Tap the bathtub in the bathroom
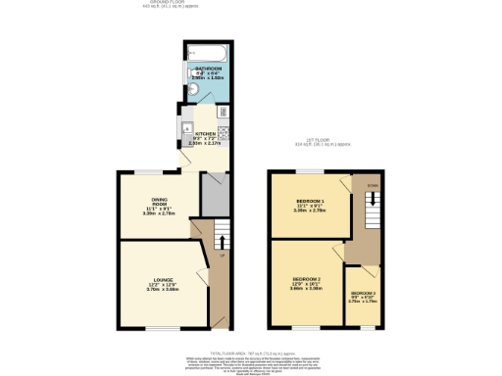207,51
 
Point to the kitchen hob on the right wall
225,134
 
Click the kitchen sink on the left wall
184,126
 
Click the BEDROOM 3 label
362,293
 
